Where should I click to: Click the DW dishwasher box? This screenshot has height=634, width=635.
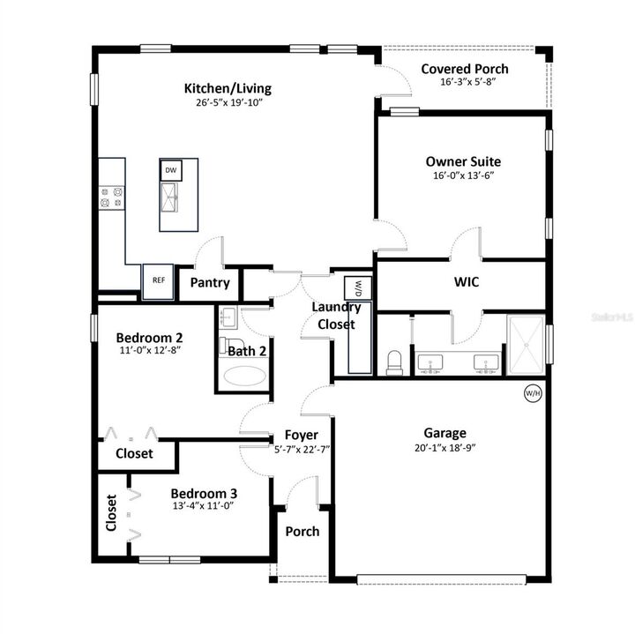point(171,170)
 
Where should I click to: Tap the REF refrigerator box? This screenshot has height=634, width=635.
point(159,280)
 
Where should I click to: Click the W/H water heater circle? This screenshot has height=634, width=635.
point(533,393)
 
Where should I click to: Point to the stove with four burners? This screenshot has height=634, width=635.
point(112,197)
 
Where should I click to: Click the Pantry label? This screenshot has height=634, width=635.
point(210,283)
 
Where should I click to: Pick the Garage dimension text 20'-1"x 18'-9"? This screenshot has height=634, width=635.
point(444,449)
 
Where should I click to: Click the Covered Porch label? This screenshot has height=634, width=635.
point(464,69)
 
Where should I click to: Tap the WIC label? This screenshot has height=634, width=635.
point(467,283)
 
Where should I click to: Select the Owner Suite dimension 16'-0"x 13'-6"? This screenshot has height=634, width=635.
point(463,175)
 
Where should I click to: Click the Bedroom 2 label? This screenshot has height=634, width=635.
point(150,337)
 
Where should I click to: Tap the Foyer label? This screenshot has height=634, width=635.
point(301,436)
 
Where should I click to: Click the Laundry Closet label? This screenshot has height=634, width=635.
point(336,316)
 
